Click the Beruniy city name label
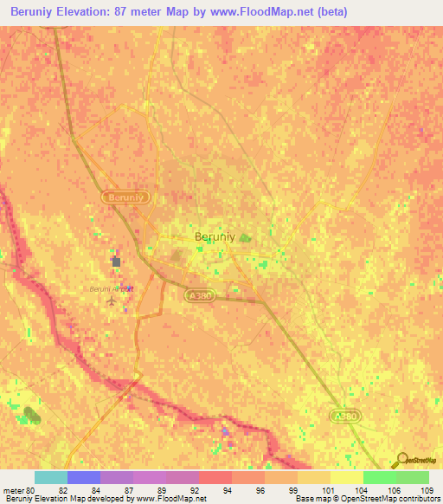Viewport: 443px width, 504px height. coord(214,236)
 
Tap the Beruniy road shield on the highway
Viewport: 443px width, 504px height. coord(128,197)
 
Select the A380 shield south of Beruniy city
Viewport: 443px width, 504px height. coord(199,295)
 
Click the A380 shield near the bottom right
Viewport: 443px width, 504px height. coord(346,417)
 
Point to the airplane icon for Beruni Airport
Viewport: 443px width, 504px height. coord(111,301)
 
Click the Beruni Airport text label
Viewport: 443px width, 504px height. coord(112,288)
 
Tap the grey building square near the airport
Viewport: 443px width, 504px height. coord(116,260)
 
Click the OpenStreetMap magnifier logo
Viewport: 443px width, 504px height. coord(401,460)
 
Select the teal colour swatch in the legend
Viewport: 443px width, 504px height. coord(50,477)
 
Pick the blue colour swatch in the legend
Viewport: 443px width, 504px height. coord(84,477)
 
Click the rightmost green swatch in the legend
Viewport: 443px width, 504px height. coord(413,477)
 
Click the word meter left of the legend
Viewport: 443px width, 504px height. coord(14,489)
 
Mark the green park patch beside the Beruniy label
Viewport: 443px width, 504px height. coord(245,236)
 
